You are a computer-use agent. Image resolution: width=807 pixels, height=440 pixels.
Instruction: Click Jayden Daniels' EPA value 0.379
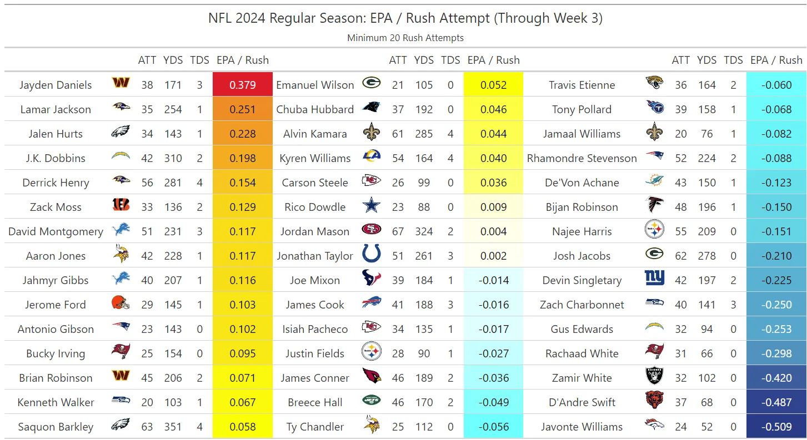click(242, 85)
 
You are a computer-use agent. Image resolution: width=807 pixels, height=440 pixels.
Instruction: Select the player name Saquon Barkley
click(56, 427)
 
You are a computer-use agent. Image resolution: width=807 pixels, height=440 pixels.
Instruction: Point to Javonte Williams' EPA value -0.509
click(776, 427)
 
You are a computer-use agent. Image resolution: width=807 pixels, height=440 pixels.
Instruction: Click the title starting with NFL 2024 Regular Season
click(405, 18)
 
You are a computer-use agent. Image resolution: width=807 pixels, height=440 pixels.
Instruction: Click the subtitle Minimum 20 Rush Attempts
click(405, 38)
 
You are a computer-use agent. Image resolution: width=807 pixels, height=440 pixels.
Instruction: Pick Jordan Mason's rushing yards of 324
click(424, 231)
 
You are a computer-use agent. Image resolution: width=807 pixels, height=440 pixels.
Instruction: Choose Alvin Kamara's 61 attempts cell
click(398, 134)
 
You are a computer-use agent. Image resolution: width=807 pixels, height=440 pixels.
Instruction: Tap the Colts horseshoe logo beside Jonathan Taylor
click(371, 255)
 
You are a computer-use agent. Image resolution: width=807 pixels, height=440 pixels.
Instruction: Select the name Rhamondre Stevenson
click(582, 158)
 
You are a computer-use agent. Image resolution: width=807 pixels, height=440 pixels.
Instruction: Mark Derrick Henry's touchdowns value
click(199, 183)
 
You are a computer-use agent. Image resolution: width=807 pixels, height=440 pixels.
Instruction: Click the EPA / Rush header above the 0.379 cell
click(242, 60)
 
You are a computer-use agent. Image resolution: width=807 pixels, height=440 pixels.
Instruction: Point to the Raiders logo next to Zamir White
click(654, 377)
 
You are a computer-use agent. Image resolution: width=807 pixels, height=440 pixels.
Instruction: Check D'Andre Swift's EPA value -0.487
click(776, 402)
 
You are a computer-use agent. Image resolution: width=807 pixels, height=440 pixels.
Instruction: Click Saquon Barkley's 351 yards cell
click(173, 427)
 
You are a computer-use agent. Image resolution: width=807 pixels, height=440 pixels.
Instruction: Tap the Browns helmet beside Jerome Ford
click(121, 304)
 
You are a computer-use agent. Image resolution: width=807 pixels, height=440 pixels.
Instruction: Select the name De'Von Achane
click(582, 183)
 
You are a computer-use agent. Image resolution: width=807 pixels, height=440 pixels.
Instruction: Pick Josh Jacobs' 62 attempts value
click(680, 256)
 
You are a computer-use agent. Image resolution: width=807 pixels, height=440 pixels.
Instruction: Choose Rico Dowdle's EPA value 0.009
click(493, 207)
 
